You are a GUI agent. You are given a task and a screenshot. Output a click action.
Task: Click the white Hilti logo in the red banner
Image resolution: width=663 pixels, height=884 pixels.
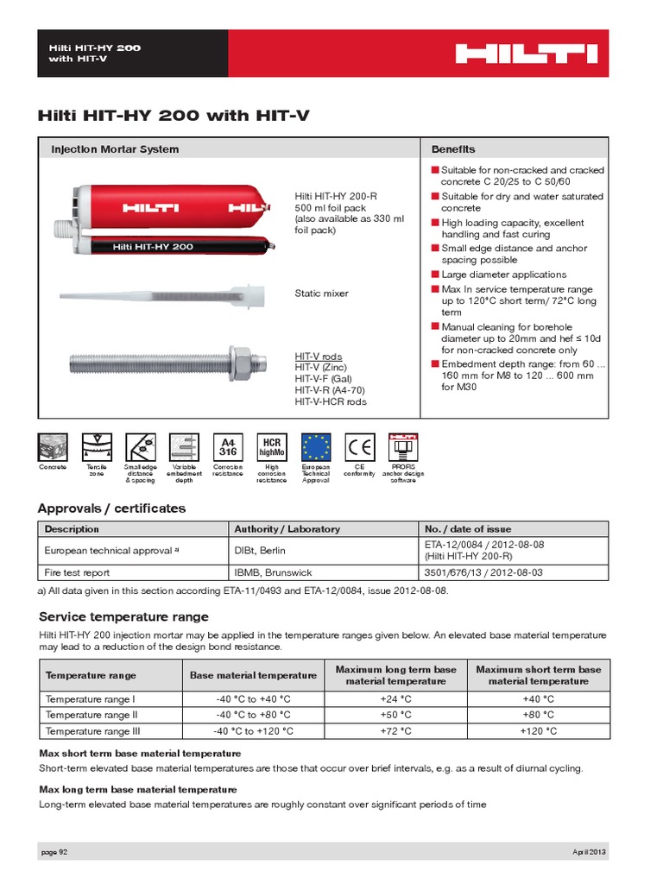526,54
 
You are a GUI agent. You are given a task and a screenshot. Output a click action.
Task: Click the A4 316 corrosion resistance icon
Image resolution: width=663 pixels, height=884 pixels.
227,446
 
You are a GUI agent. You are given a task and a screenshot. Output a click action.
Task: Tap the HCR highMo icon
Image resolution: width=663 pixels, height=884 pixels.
271,446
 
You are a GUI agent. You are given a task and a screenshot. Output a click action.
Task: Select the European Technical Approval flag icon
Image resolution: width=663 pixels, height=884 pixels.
315,446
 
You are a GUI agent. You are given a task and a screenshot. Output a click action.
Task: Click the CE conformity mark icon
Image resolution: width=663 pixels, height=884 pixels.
359,446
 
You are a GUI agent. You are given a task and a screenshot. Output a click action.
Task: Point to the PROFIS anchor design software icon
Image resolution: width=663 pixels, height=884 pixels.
403,446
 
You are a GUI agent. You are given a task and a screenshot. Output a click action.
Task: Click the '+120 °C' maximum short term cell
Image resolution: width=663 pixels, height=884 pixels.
538,731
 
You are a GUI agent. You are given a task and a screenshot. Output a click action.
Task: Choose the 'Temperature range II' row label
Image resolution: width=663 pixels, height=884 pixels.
92,715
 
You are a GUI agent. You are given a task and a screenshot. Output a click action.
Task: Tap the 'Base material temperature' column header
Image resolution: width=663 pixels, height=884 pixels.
254,675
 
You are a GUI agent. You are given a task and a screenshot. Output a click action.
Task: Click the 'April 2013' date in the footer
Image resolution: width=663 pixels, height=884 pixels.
590,851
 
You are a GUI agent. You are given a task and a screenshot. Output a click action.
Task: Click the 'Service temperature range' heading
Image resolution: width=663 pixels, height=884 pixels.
123,616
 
